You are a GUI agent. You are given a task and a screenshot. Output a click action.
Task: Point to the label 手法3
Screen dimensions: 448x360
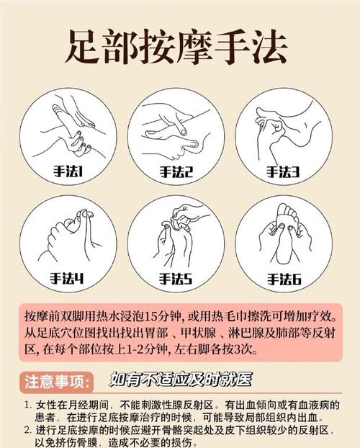tap(283, 171)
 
